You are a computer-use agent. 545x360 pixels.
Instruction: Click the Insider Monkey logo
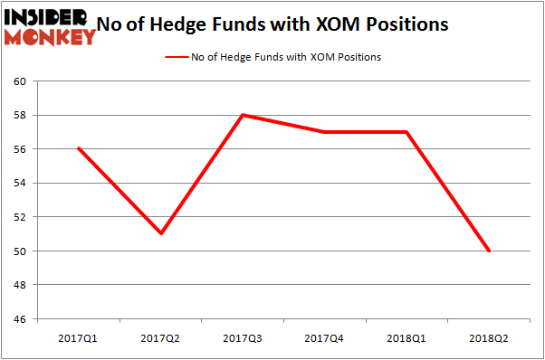(50, 26)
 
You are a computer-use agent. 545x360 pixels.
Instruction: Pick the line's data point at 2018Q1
(408, 132)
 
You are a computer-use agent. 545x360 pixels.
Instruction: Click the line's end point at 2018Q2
(490, 251)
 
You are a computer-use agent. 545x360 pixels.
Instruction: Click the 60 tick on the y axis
(21, 81)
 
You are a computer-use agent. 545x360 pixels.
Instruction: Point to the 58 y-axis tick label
(21, 116)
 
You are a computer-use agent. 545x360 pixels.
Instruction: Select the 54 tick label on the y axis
(21, 184)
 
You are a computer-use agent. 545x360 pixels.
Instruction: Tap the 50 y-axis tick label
(21, 251)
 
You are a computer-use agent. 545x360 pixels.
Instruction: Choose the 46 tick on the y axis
(21, 319)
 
